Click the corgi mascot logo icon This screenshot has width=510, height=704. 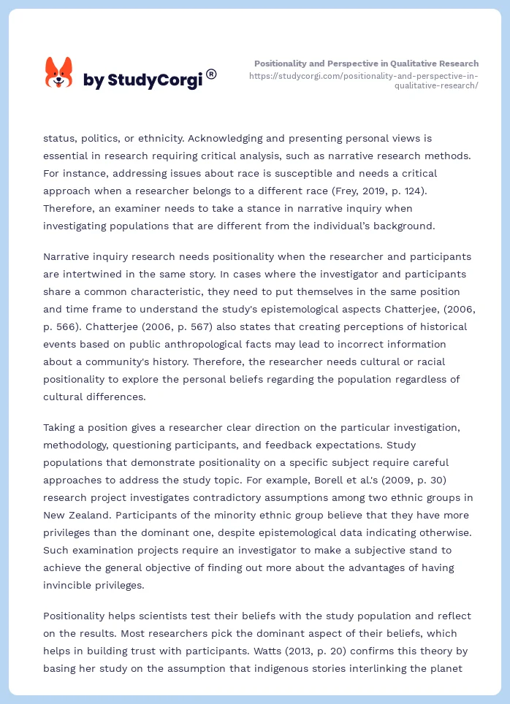coord(58,74)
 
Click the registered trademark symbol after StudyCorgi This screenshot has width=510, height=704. coord(211,74)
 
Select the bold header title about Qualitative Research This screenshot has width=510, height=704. coord(366,64)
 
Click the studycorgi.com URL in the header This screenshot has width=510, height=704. coord(363,80)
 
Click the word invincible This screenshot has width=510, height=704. coord(69,585)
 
